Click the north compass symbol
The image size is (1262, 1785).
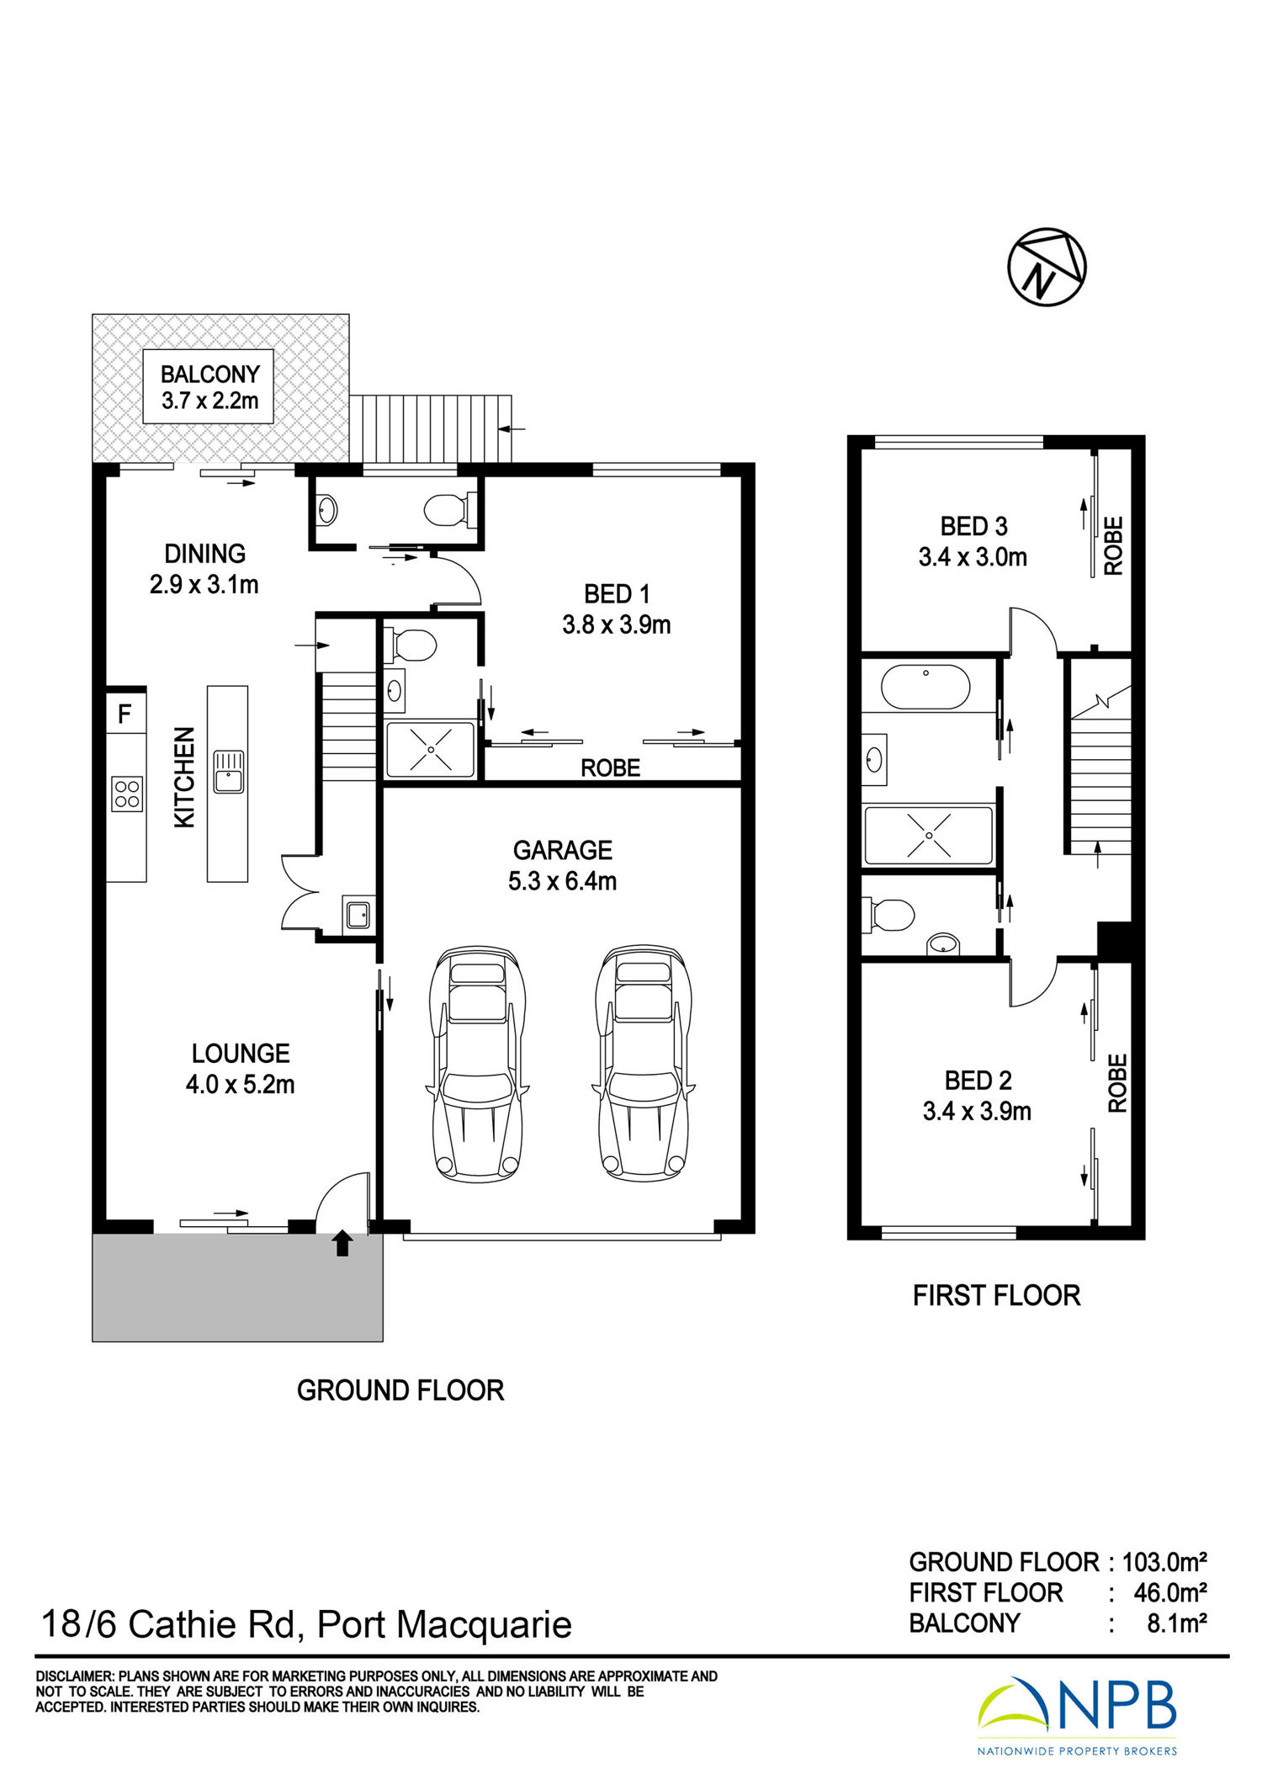(1047, 266)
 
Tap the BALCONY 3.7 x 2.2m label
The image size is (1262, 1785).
(209, 386)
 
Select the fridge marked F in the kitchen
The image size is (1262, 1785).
(126, 713)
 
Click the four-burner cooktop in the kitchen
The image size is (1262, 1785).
(127, 794)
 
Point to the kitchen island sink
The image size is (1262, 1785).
(229, 771)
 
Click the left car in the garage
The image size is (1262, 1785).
(476, 1064)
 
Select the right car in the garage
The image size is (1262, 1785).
(643, 1064)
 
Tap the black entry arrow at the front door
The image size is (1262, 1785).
(342, 1243)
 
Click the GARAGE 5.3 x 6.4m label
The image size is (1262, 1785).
(562, 865)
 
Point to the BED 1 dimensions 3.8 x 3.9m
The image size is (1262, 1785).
(617, 624)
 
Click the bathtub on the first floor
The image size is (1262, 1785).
(925, 687)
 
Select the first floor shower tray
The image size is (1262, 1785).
(929, 835)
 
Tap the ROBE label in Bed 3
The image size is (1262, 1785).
(1113, 545)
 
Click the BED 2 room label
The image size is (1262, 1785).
(978, 1080)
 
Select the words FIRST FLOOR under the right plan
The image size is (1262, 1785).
(996, 1295)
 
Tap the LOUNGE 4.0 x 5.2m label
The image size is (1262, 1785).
(240, 1069)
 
